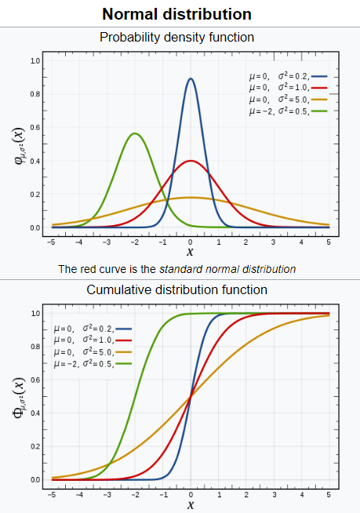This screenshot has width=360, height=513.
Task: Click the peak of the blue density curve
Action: (x=191, y=78)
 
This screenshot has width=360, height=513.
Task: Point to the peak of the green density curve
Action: (x=135, y=133)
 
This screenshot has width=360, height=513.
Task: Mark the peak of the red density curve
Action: (x=191, y=161)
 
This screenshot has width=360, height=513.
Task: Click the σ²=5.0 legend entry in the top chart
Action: (x=286, y=100)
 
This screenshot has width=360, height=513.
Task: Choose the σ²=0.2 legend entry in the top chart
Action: (x=286, y=76)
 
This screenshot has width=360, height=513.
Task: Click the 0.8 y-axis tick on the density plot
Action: (x=35, y=94)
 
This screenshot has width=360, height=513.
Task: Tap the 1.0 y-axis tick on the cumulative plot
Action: (x=35, y=314)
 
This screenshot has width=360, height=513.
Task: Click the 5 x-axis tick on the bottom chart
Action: (x=329, y=495)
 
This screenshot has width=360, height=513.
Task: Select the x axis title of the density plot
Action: (x=190, y=252)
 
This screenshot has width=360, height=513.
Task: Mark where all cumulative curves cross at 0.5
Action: (x=191, y=396)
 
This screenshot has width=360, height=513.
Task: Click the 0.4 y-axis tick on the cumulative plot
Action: (x=35, y=413)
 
